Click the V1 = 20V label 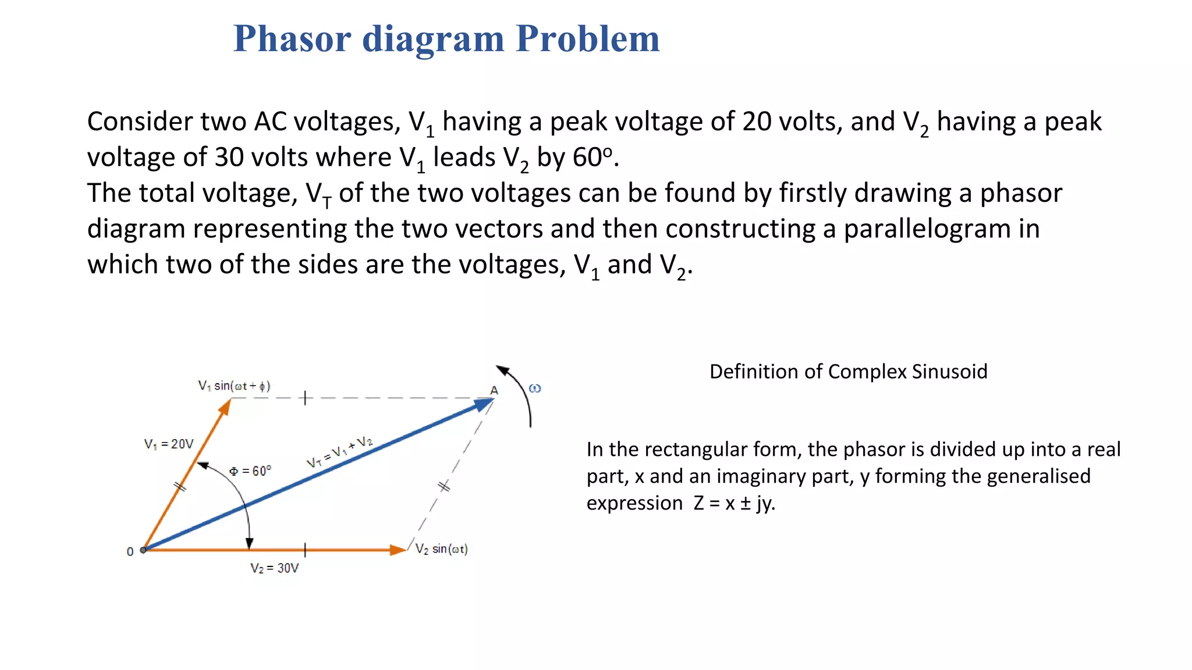coord(169,444)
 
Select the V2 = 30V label coord(275,568)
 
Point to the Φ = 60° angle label coord(250,471)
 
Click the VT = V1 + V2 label coord(339,452)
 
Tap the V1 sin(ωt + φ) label coord(234,386)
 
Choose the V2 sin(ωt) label coord(441,549)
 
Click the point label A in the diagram coord(494,390)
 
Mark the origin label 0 coord(130,551)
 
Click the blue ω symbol coord(535,388)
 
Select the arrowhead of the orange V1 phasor coord(225,407)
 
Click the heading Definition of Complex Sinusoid coord(848,372)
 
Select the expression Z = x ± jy coord(734,503)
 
